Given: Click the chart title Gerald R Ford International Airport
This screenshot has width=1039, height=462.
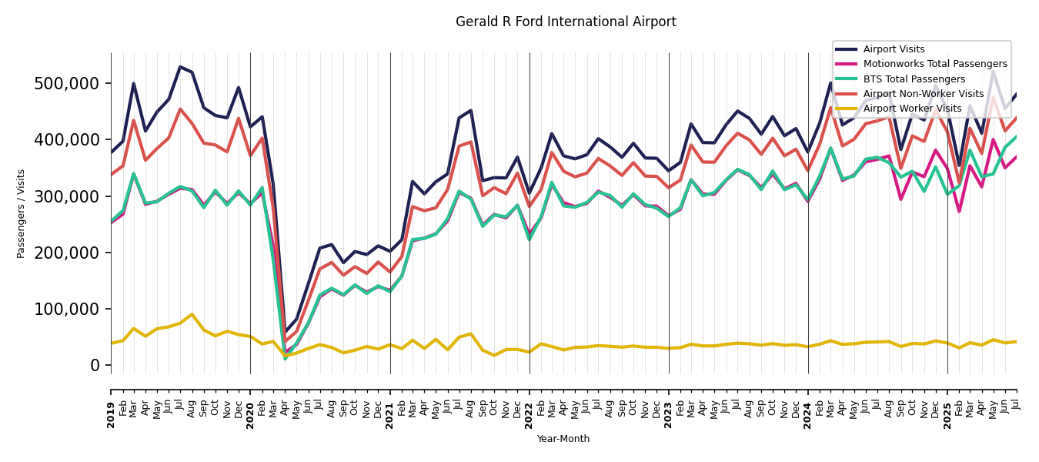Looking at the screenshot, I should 566,22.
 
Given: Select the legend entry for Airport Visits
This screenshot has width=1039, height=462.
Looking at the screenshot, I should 894,49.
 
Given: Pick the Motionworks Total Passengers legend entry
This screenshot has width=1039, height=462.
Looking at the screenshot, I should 934,64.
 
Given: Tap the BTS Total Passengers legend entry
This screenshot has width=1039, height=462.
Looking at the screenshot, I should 914,79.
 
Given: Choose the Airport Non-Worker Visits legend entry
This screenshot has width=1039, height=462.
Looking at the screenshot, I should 923,94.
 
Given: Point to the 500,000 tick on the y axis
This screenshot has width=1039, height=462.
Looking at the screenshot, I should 67,83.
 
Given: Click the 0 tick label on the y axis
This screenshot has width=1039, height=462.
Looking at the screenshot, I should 95,365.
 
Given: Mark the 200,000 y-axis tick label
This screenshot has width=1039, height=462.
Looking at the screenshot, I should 67,253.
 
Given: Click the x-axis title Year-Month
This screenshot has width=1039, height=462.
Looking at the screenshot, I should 563,439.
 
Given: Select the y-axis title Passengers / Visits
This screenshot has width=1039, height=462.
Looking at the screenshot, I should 22,213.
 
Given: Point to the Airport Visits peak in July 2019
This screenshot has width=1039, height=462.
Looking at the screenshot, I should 180,67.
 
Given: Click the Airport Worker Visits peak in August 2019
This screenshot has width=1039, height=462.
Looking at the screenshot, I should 192,314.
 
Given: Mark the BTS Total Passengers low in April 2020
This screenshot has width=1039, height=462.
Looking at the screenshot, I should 285,358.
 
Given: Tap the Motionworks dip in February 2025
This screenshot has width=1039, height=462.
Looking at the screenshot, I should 959,212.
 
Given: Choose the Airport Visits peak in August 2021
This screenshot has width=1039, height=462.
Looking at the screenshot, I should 471,110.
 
